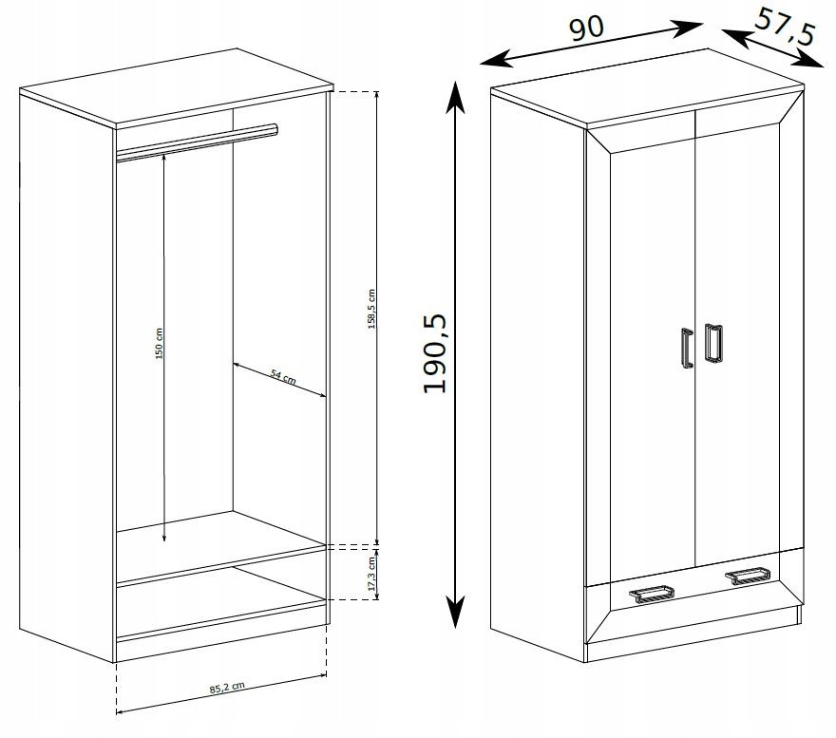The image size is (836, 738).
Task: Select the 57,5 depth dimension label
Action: (x=785, y=27)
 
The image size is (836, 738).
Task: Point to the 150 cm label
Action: (x=159, y=344)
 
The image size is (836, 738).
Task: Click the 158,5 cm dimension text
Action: (x=371, y=310)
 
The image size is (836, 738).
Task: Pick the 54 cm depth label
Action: (x=282, y=376)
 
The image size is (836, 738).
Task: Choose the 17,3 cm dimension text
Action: (x=372, y=574)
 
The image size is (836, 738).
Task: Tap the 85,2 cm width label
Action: (x=227, y=688)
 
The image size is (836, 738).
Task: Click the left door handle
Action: (x=687, y=348)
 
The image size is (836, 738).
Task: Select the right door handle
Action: (x=712, y=342)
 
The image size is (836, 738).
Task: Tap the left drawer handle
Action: (x=652, y=594)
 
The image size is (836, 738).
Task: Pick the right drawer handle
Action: (x=747, y=577)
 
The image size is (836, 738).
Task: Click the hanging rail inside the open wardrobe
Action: (x=197, y=142)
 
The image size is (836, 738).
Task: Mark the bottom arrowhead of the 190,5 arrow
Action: (x=455, y=611)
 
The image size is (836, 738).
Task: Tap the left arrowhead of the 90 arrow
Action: (x=497, y=59)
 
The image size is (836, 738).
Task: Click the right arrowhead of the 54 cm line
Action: (x=320, y=394)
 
